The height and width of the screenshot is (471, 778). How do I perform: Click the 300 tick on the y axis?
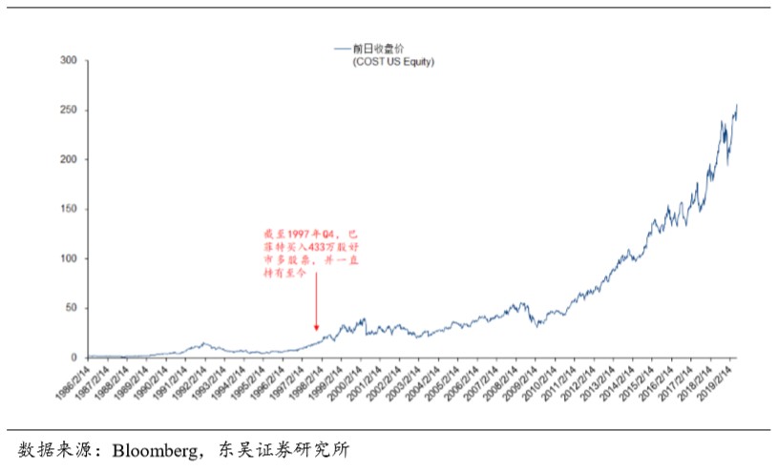(68, 60)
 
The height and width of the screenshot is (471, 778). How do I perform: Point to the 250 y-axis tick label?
(68, 110)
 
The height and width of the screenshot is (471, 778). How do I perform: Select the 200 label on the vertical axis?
(68, 159)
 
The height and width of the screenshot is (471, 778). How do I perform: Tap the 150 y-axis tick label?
(68, 209)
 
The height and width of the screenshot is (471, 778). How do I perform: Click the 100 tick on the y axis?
(68, 258)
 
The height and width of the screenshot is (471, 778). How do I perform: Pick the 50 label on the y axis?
(71, 308)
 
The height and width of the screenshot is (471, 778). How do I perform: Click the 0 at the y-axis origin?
(74, 358)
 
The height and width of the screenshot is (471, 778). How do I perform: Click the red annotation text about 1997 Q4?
(312, 253)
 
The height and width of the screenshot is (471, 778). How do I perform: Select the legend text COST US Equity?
(394, 61)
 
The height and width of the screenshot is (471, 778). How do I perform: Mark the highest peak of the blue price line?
(736, 104)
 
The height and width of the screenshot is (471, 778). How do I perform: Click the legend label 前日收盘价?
(372, 48)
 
